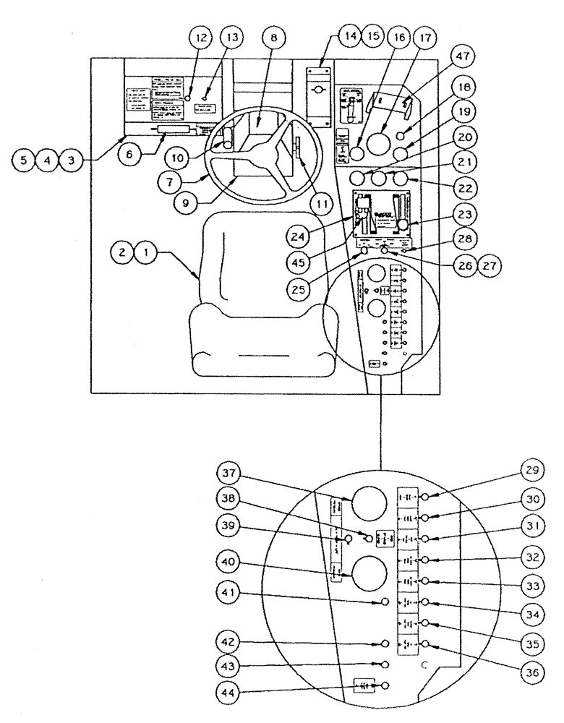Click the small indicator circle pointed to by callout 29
pos(426,497)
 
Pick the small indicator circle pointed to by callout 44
pos(385,685)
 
